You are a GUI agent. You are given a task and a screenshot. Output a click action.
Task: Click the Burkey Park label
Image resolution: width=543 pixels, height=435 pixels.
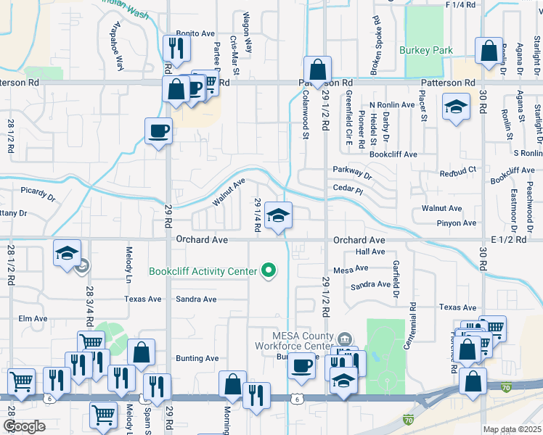coord(426,50)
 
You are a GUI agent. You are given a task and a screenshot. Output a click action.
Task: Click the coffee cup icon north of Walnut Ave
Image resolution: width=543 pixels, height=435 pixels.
coord(158,131)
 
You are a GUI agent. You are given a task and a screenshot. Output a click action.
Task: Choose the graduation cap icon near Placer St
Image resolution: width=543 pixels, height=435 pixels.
coord(454,108)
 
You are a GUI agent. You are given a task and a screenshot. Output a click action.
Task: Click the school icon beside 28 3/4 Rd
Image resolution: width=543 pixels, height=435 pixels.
coord(67,254)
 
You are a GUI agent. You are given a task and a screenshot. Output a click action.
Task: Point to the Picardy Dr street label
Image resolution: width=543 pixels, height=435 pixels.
coord(38,195)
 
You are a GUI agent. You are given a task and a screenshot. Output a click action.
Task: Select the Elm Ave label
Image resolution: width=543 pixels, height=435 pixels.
coord(33,318)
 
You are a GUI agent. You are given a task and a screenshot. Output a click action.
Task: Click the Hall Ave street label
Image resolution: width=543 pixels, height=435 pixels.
coord(370,252)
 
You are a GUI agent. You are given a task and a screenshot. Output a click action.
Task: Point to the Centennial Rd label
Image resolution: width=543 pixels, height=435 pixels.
coord(412,298)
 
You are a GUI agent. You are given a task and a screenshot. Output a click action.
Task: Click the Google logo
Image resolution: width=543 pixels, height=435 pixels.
coord(24,426)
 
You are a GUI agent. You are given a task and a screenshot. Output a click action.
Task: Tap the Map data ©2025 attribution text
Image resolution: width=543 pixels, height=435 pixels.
coord(511,429)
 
